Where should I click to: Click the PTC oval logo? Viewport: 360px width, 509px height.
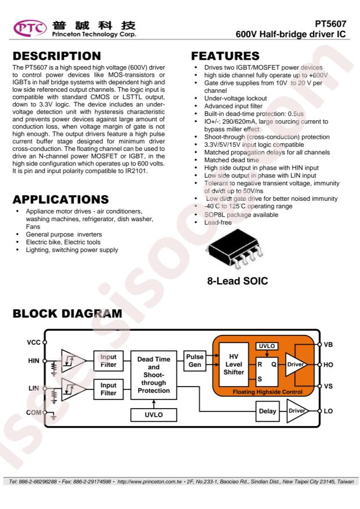[x=30, y=28]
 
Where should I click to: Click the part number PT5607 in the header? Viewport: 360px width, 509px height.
[x=330, y=24]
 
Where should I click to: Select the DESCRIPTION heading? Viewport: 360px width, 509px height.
[x=57, y=56]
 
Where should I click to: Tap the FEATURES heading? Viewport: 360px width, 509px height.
[x=225, y=56]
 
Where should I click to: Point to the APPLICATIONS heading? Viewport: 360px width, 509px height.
[x=61, y=199]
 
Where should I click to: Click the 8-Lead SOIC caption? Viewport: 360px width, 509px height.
[x=237, y=281]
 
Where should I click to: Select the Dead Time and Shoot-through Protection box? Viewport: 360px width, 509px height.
[x=153, y=374]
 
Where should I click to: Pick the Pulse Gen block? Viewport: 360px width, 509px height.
[x=195, y=360]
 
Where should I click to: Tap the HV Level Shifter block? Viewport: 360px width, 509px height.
[x=234, y=364]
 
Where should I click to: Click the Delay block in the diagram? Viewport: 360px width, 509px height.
[x=268, y=411]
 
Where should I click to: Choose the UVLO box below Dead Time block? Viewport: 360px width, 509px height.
[x=153, y=415]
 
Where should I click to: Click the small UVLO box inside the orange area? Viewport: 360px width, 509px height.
[x=267, y=346]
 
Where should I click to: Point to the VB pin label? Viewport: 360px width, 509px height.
[x=328, y=344]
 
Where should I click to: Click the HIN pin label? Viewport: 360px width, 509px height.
[x=34, y=360]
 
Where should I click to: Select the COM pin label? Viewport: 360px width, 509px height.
[x=34, y=412]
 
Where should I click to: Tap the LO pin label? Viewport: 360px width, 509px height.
[x=328, y=411]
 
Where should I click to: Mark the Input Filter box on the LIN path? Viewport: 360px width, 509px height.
[x=109, y=389]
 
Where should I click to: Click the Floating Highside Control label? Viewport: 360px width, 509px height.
[x=268, y=392]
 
